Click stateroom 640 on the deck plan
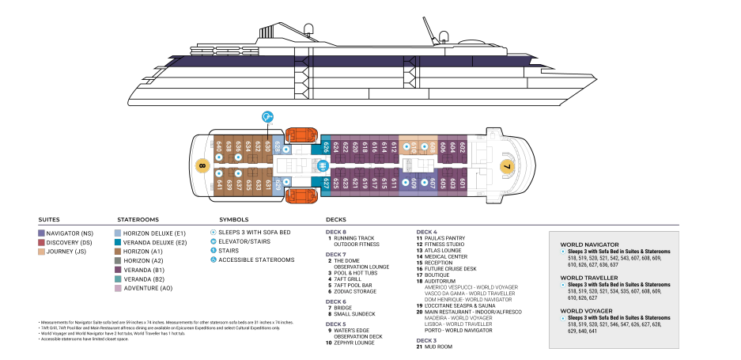click(x=218, y=148)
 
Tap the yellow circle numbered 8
click(x=202, y=166)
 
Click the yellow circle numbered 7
click(x=506, y=166)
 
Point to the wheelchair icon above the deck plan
click(x=269, y=117)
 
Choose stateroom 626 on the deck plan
click(x=327, y=148)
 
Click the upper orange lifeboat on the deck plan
click(x=301, y=138)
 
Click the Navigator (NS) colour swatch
click(x=41, y=233)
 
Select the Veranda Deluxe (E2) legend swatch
click(x=119, y=242)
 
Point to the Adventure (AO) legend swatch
click(x=119, y=288)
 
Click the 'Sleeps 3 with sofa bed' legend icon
click(x=213, y=232)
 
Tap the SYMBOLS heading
click(x=234, y=219)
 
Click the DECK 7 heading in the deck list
click(x=335, y=254)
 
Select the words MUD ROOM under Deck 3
click(x=440, y=347)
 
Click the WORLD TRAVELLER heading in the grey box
click(x=589, y=277)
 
